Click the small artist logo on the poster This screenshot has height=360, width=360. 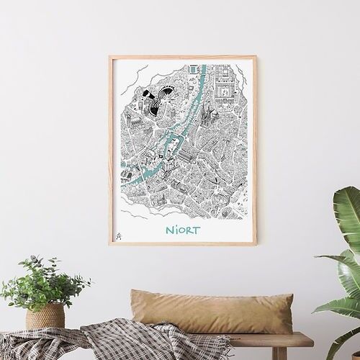[120, 234]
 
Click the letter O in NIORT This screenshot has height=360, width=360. [177, 232]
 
